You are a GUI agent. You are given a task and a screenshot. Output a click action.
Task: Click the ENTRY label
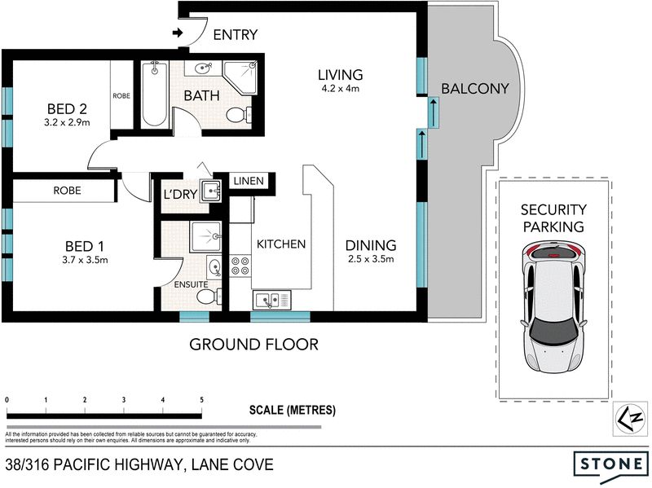(x=236, y=34)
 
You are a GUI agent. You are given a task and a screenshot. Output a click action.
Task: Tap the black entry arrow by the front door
(x=178, y=33)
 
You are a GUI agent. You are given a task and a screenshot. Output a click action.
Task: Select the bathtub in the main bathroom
(x=155, y=95)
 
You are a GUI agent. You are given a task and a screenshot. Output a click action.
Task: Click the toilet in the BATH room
(x=240, y=115)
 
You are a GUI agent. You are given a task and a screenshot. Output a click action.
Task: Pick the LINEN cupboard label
(x=249, y=181)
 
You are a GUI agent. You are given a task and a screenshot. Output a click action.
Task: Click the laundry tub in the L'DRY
(x=210, y=191)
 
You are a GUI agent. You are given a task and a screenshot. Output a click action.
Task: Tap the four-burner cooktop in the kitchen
(x=240, y=266)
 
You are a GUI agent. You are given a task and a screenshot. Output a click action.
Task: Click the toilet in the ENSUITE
(x=209, y=297)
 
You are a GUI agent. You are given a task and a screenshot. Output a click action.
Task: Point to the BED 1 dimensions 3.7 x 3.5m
(x=85, y=260)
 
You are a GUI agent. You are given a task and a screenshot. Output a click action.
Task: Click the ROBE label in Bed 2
(x=121, y=95)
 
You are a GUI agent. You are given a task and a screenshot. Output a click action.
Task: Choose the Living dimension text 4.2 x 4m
(x=341, y=88)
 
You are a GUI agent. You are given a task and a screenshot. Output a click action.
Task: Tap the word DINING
(x=371, y=245)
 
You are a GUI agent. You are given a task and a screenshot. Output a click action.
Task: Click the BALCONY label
(x=475, y=89)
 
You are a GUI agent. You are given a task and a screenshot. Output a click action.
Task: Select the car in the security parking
(x=553, y=306)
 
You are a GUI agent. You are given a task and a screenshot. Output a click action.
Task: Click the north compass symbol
(x=630, y=419)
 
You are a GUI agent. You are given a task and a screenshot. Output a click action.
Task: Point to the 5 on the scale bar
(x=201, y=400)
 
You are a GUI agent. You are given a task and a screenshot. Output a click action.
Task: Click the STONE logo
(x=610, y=463)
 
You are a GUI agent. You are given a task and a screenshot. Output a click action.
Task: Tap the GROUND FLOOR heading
(x=254, y=345)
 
